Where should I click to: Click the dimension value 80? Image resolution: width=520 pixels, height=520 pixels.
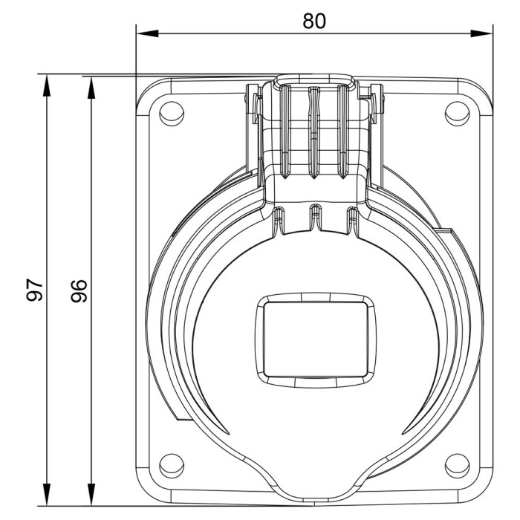314,21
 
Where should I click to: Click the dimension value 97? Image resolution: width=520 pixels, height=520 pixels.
34,290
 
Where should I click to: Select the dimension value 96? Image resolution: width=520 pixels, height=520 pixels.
79,291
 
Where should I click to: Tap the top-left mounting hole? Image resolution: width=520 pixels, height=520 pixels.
172,114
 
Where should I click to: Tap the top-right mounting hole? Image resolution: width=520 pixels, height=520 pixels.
457,114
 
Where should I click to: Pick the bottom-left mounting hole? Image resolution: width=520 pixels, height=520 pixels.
172,466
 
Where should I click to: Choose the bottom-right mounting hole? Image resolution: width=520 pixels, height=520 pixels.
457,466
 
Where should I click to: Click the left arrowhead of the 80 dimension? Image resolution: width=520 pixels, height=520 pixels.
147,33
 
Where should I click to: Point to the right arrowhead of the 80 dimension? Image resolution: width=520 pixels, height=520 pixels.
481,33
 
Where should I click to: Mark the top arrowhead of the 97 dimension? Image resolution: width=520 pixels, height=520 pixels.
47,85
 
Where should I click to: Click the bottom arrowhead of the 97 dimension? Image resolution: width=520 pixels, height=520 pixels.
47,495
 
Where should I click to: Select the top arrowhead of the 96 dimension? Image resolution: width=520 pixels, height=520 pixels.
91,88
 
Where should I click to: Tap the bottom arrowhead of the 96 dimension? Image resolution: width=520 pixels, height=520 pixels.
91,495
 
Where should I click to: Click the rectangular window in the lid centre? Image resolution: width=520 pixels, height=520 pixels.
316,339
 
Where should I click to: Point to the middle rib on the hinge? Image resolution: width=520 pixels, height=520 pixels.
313,133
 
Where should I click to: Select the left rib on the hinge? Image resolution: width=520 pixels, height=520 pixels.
285,133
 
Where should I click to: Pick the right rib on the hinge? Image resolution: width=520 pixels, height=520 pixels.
343,133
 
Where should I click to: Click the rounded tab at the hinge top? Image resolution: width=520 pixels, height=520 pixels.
314,80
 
